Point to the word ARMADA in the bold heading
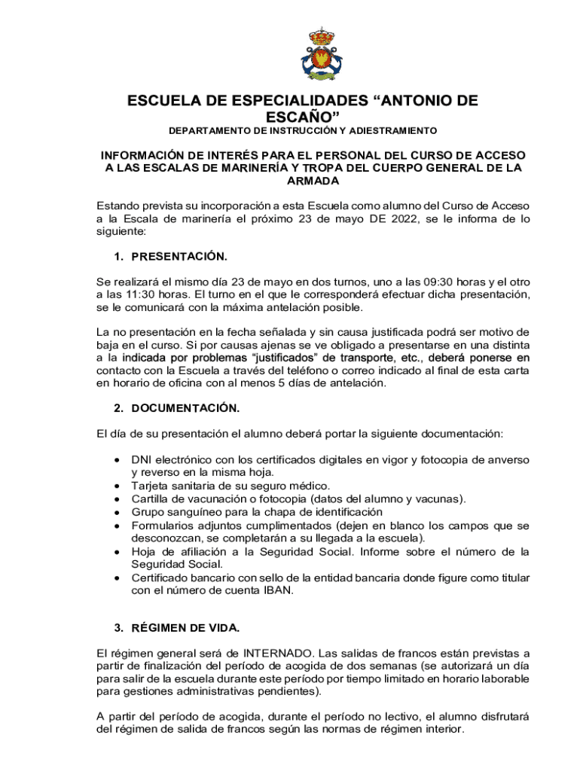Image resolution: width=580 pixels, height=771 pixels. (x=313, y=181)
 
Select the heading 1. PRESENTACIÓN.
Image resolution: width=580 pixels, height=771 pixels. (x=170, y=257)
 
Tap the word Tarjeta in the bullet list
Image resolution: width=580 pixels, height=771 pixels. (x=150, y=486)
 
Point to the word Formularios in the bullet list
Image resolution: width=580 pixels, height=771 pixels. (x=164, y=526)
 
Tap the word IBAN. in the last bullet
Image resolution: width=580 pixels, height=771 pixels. (x=276, y=590)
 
